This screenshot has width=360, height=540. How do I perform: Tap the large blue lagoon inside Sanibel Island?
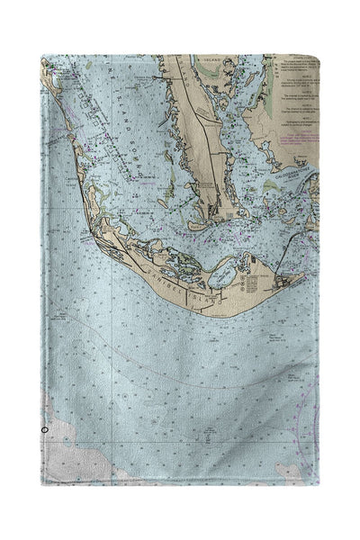pyautogui.click(x=222, y=266)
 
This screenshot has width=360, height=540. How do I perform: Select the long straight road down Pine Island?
pyautogui.click(x=196, y=126)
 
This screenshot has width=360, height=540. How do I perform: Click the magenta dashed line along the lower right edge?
pyautogui.click(x=310, y=396)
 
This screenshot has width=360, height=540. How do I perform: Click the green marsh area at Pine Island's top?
pyautogui.click(x=180, y=67)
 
